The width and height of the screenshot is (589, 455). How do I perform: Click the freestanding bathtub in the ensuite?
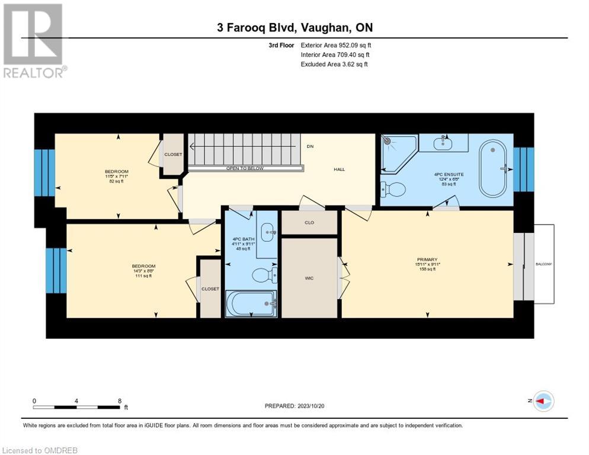coord(493,168)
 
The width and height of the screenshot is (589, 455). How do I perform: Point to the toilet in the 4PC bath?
coord(263,275)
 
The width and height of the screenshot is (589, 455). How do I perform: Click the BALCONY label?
coord(543,264)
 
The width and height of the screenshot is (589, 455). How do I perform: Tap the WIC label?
coord(309,277)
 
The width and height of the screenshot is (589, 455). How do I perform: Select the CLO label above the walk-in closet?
coord(309,223)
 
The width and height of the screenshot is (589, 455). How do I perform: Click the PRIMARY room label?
coord(427,259)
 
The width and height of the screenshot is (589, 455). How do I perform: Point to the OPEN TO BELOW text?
coord(245,168)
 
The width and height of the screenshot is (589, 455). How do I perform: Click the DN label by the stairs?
coord(310,146)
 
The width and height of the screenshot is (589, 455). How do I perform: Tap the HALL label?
coord(339,169)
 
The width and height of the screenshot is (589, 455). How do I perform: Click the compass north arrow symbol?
coord(543,401)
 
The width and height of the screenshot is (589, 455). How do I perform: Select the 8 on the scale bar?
coord(120,400)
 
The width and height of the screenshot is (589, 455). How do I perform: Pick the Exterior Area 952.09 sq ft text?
coord(336,45)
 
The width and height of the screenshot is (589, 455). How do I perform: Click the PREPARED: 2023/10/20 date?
coord(295,406)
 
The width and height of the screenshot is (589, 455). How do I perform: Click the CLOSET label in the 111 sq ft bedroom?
coord(210,289)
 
